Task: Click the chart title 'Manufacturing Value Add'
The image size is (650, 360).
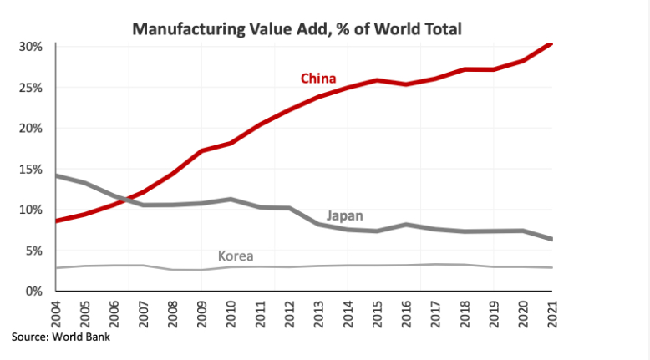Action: coord(297,29)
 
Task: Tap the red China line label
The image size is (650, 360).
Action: coord(318,79)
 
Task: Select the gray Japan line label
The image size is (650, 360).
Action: coord(344,215)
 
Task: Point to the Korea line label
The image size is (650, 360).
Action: coord(236,256)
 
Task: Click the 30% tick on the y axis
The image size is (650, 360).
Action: coord(31,47)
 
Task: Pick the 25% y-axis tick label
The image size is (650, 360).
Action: coord(31,88)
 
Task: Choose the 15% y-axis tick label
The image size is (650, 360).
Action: coord(31,169)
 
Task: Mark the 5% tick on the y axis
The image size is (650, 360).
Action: coord(34,251)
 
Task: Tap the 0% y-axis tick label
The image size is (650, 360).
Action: coord(34,292)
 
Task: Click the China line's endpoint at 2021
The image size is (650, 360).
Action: coord(551,43)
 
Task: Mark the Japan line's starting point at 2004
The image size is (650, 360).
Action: coord(56,175)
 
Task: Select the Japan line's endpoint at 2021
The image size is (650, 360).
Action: coord(551,240)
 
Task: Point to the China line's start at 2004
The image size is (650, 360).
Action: coord(56,221)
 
